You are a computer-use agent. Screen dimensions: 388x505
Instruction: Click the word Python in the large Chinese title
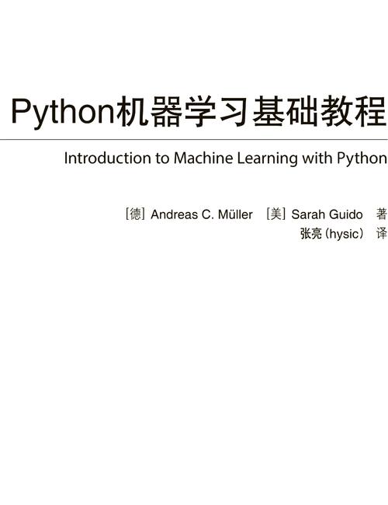(63, 113)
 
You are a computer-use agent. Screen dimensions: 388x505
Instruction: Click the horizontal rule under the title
(194, 139)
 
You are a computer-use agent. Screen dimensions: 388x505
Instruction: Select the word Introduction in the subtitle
(108, 158)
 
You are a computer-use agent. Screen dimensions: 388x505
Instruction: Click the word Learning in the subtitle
(267, 159)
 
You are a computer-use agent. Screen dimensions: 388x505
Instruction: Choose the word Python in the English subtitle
(362, 159)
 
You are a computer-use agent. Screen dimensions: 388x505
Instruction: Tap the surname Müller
(235, 214)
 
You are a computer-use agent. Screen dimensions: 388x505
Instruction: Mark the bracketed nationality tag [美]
(276, 214)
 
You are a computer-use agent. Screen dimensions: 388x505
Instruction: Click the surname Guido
(345, 214)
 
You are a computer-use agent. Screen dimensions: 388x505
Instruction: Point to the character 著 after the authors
(381, 214)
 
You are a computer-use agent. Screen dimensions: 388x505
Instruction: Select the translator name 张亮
(310, 234)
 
